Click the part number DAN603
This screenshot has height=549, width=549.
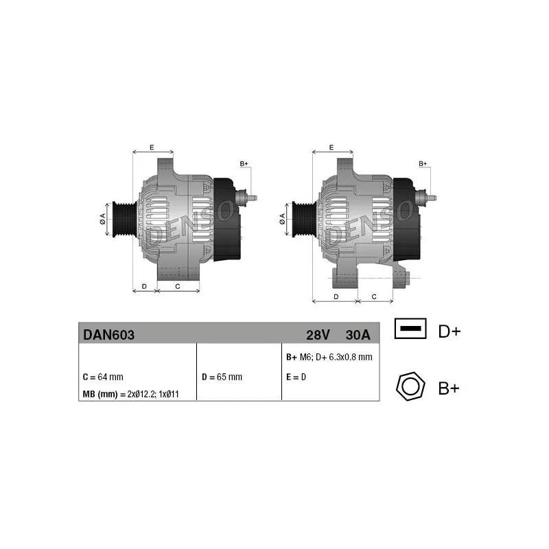point(108,335)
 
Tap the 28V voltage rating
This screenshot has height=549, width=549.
point(318,335)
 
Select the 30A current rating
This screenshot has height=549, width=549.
point(358,335)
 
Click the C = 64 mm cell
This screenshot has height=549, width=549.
point(103,377)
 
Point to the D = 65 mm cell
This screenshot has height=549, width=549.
point(222,377)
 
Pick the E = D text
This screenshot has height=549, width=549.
point(296,377)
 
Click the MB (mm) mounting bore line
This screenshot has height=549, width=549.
point(130,394)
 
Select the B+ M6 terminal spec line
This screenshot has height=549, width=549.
point(329,357)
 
